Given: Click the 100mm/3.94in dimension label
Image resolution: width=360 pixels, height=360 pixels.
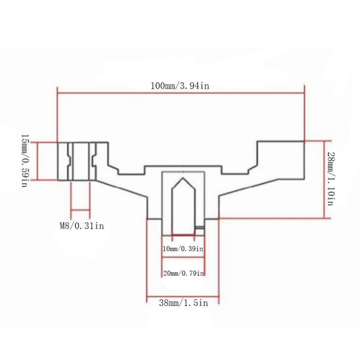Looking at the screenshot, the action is [x=180, y=86].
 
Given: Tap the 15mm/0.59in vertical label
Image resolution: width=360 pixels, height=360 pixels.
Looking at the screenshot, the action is [x=25, y=161].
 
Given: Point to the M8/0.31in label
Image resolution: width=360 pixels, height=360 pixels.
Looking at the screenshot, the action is [x=82, y=226].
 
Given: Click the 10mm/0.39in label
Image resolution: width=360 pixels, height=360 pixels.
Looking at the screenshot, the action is [x=183, y=249].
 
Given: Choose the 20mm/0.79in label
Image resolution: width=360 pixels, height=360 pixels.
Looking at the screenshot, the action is [x=184, y=274].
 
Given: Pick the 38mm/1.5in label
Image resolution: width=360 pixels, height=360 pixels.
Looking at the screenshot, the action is [x=184, y=303].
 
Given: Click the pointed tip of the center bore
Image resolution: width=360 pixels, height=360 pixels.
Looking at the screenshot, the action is [x=183, y=178].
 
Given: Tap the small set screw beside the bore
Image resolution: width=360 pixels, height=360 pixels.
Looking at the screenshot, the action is [x=199, y=228].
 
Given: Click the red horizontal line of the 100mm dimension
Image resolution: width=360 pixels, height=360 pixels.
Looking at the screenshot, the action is [x=181, y=93].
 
